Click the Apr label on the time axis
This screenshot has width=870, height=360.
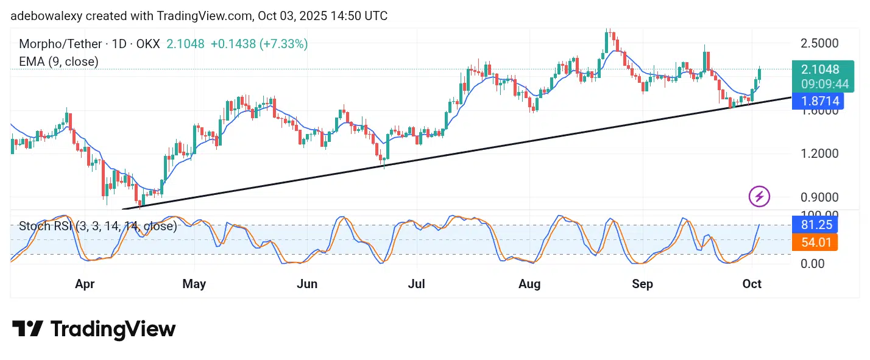click(85, 284)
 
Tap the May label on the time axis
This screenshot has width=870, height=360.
click(194, 284)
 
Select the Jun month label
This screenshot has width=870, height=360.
click(307, 284)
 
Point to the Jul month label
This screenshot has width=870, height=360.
click(417, 284)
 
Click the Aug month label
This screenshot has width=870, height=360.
click(529, 284)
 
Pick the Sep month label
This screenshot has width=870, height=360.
click(642, 284)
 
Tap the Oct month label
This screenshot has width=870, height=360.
click(752, 284)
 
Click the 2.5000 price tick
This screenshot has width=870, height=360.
click(820, 44)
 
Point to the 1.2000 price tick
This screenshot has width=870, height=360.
click(820, 153)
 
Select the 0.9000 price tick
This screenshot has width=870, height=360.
click(820, 197)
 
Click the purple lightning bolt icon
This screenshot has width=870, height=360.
click(759, 197)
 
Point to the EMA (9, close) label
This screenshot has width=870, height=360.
click(58, 62)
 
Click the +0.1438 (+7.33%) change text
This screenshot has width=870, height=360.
click(259, 44)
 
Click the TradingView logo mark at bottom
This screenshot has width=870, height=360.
click(28, 330)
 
